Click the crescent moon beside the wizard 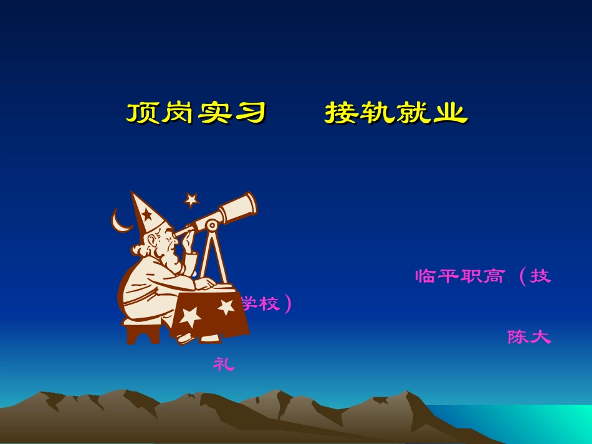[x=119, y=221]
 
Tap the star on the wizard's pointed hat [x=146, y=216]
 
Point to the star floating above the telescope [x=191, y=200]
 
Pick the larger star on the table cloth [x=190, y=316]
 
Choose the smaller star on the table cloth [x=226, y=307]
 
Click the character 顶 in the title [x=142, y=113]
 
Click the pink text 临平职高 [x=460, y=276]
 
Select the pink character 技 [x=540, y=276]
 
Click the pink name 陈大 [x=529, y=337]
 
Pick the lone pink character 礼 [x=224, y=364]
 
